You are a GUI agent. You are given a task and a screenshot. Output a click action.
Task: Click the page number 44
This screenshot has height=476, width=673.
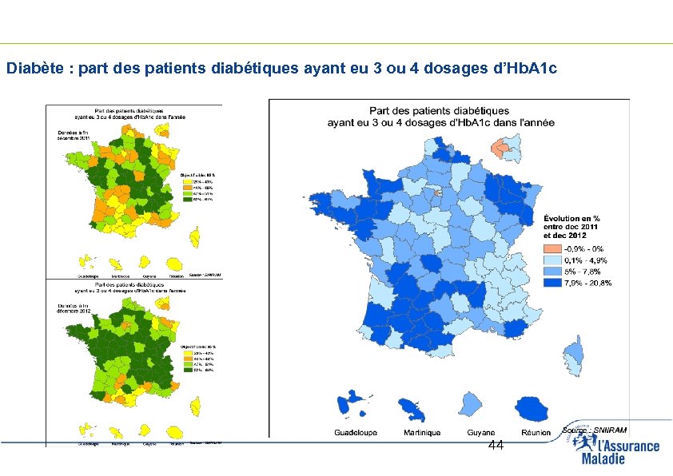[496, 446]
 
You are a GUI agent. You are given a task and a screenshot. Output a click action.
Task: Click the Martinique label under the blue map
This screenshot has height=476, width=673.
[421, 433]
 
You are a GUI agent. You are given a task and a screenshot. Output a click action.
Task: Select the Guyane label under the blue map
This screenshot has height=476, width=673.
[481, 433]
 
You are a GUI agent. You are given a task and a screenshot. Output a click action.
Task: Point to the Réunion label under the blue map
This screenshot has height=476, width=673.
[536, 433]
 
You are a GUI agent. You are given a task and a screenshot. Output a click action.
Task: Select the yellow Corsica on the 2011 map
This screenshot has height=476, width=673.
[194, 236]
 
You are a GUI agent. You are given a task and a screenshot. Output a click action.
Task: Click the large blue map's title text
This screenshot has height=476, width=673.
[440, 117]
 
